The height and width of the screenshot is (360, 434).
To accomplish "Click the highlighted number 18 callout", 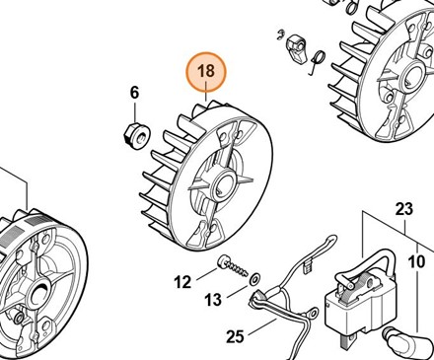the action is coord(206,72).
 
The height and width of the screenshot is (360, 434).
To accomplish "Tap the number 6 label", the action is coord(134,93).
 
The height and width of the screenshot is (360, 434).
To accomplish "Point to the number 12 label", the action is coord(182,282).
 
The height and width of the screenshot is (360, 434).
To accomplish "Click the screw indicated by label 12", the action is coord(233,265).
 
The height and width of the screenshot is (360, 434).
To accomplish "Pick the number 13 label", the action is coord(213,300).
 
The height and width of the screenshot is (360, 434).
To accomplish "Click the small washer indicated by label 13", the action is coord(254,279).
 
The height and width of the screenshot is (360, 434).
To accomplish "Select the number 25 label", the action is coord(235,336).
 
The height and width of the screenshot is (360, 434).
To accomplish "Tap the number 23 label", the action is coord(403,209).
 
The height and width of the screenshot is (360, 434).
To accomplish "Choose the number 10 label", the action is coord(416,261).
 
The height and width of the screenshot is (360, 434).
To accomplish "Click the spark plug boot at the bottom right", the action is coord(405,342).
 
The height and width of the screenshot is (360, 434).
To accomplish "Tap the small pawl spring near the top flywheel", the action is coord(317,60).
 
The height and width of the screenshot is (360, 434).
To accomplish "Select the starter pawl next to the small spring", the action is coord(297,49).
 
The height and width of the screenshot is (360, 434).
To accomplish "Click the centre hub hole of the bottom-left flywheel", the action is coord(39,290).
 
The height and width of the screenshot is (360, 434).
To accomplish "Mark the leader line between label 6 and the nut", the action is coord(135,111).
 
